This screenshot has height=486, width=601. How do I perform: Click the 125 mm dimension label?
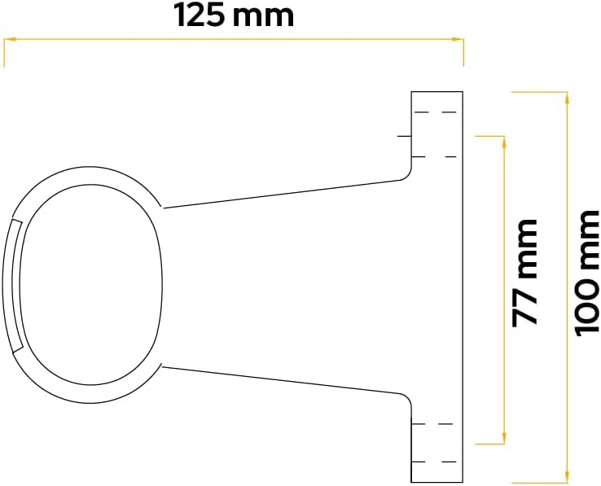tap(234, 15)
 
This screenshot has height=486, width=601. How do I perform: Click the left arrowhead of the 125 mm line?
tap(9, 39)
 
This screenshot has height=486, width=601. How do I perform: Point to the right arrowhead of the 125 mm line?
tap(458, 39)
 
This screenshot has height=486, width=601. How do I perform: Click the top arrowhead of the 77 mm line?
tap(504, 142)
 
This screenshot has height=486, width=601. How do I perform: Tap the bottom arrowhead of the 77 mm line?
tap(504, 438)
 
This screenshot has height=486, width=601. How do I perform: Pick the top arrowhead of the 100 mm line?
tap(567, 99)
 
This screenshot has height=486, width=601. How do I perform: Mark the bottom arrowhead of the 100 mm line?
tap(567, 476)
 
